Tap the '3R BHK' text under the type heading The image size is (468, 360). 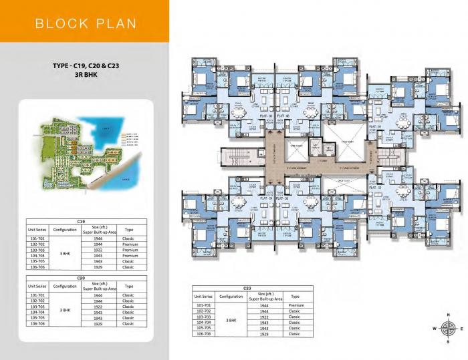(x=83, y=76)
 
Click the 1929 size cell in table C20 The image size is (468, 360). (x=98, y=323)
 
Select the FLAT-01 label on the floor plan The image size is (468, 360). (x=374, y=126)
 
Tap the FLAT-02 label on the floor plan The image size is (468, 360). (x=374, y=188)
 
